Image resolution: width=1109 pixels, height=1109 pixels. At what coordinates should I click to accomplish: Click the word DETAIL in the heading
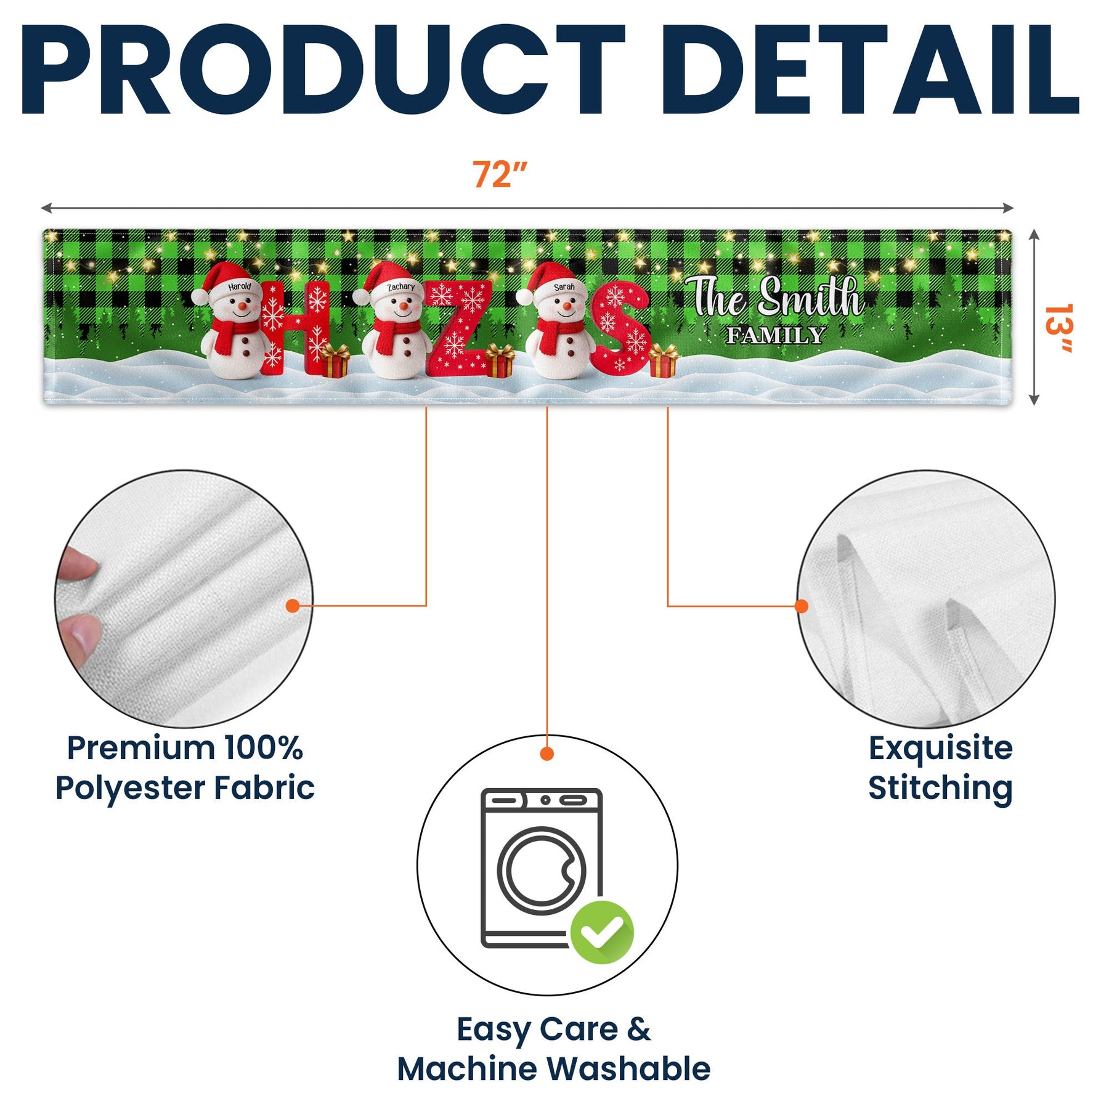coord(869,70)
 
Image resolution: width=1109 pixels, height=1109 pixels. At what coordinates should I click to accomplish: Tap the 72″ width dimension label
coord(500,174)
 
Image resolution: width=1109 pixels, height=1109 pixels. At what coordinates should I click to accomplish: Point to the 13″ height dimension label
coord(1058,328)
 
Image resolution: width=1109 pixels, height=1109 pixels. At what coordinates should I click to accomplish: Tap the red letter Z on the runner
coord(459,328)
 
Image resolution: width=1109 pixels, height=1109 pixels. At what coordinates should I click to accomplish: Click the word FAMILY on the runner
coord(776,336)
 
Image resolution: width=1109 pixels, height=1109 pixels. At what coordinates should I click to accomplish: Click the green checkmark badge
coord(602,932)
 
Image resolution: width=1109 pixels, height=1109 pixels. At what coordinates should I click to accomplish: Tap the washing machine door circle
coord(542,871)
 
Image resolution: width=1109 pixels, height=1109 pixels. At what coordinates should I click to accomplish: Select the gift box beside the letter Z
coord(500,361)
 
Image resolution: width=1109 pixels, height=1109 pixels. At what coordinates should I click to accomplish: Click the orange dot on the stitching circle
coord(802,606)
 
